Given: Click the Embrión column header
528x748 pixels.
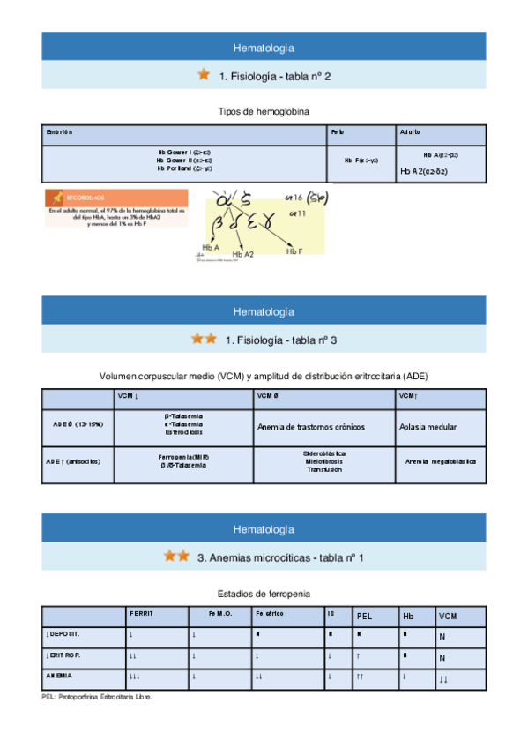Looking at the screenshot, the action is point(59,132).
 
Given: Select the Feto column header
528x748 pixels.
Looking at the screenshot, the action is point(338,132).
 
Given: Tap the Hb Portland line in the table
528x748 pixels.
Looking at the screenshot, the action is point(184,168).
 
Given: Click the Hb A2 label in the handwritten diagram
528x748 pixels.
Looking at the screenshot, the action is point(242,254).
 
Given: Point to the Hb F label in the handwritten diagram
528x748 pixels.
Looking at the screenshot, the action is point(294,251).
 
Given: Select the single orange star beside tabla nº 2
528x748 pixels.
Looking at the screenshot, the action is point(203,75).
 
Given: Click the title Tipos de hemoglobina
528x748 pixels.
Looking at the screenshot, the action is point(264,111).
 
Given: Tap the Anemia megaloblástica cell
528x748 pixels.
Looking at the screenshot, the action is point(440,461).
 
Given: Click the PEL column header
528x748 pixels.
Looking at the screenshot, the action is point(367,616).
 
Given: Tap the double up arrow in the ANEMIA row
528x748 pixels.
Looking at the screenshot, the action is point(361,677).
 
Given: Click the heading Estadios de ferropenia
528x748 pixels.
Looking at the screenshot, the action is point(264,593).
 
